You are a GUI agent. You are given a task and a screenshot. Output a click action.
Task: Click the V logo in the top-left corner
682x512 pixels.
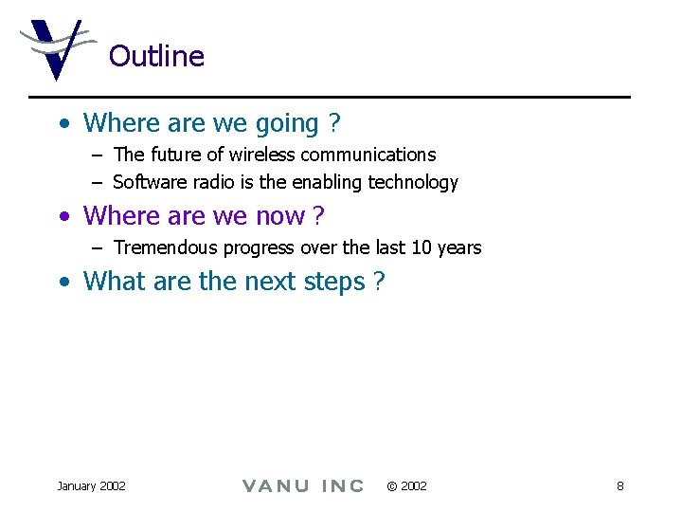pos(55,49)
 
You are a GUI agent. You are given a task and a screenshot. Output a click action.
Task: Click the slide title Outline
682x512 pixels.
pos(156,56)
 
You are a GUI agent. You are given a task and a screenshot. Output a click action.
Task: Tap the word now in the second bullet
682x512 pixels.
pos(279,216)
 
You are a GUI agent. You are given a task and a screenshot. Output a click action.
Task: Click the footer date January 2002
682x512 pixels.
pos(91,486)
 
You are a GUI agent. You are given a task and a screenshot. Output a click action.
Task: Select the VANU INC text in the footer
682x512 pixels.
pos(303,486)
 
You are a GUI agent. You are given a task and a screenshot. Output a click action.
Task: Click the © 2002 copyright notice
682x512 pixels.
pos(407,486)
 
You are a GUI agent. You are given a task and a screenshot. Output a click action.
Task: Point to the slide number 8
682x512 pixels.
pos(619,486)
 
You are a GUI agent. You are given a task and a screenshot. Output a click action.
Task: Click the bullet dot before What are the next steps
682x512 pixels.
pos(63,283)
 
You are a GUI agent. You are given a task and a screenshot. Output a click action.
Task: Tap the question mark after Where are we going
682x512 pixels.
pos(334,123)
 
